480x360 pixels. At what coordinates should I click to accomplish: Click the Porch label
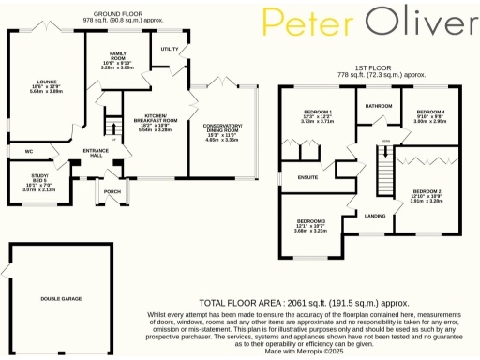113,193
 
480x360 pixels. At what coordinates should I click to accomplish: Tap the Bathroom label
378,106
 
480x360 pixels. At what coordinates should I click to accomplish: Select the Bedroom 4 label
430,111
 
